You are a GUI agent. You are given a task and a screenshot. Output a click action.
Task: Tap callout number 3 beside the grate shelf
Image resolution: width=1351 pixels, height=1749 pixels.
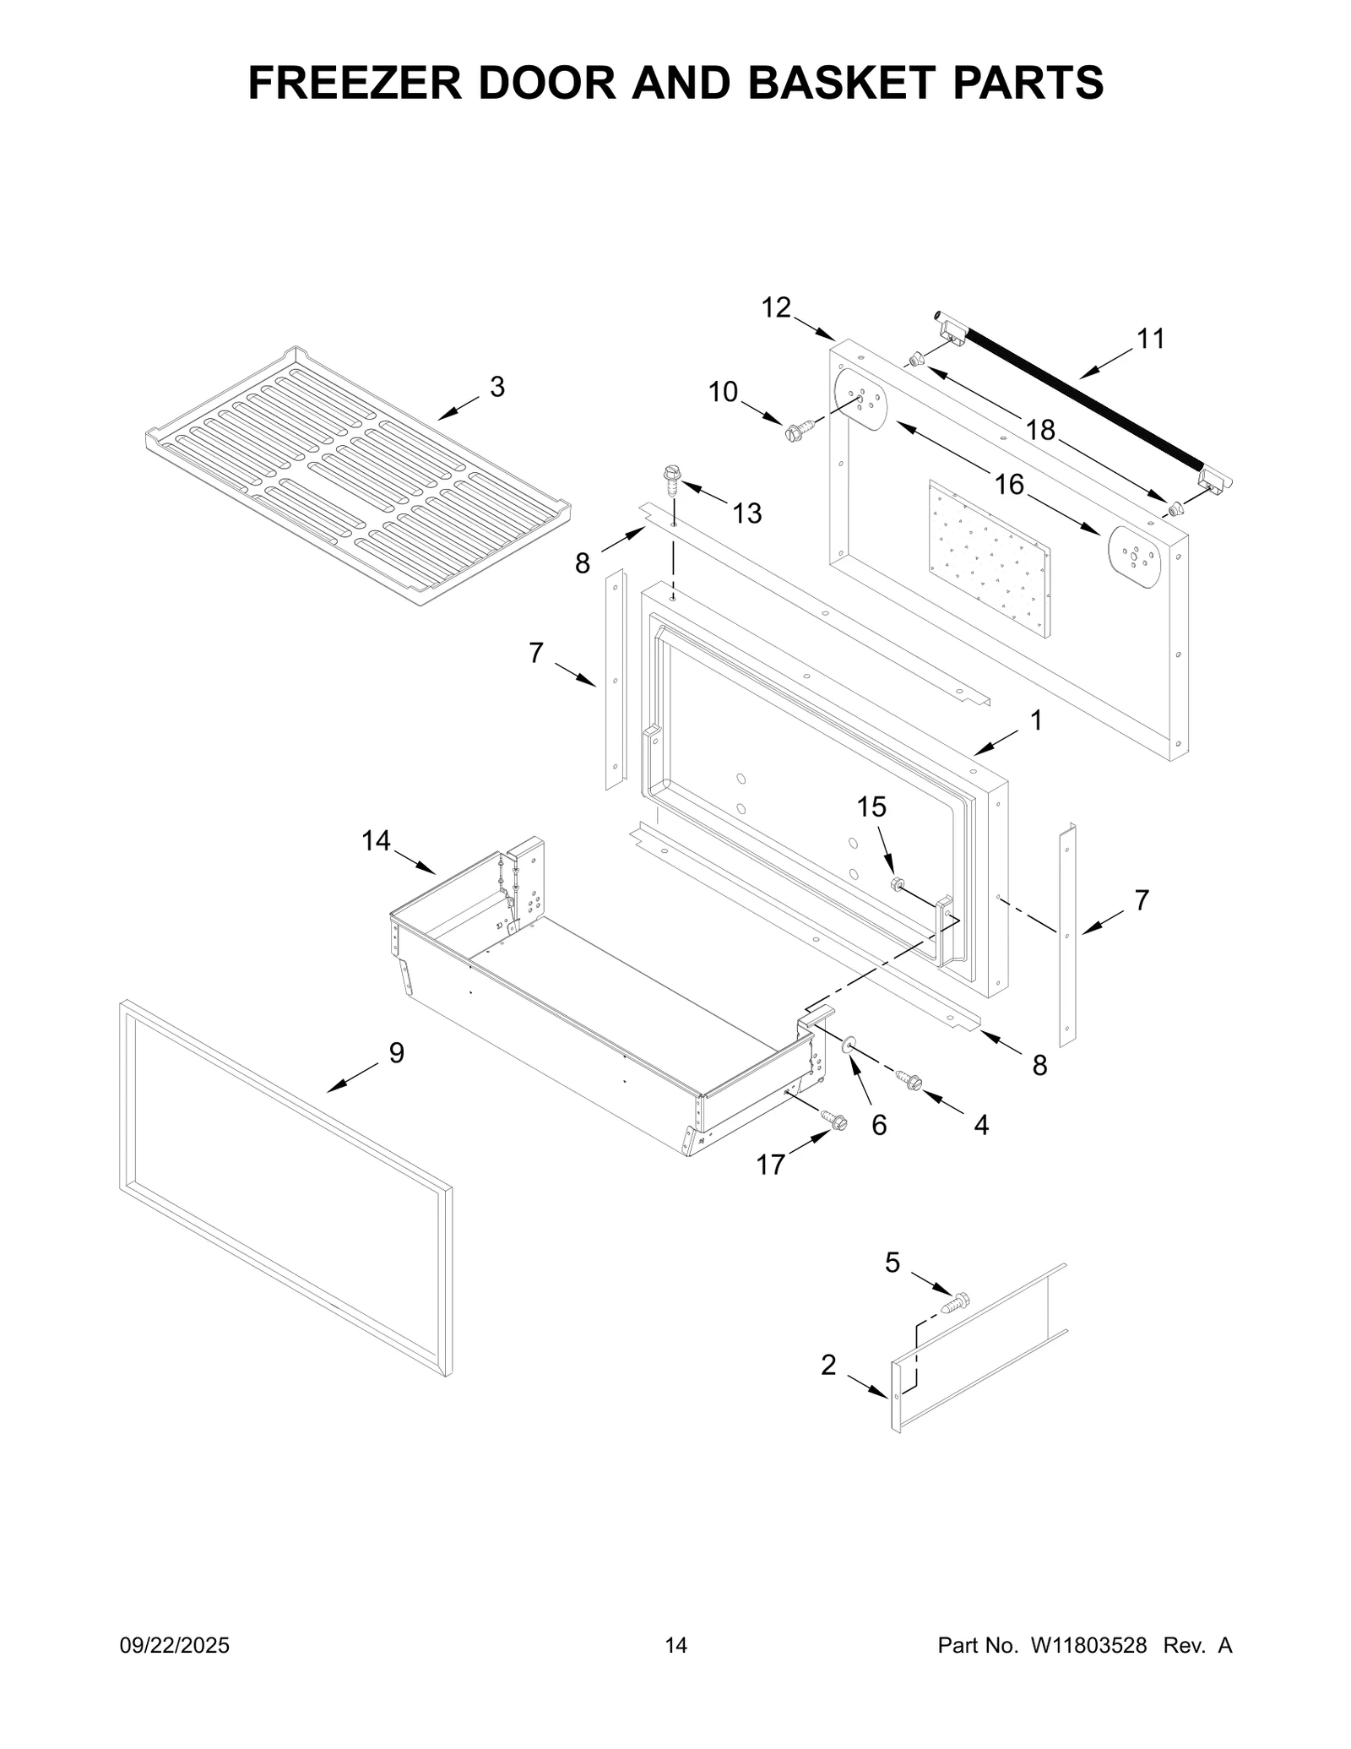[x=497, y=388]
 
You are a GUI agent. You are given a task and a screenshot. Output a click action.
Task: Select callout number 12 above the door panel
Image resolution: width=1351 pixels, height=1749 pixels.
[x=776, y=308]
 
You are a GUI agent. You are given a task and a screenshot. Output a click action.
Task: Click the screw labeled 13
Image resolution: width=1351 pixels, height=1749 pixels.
[x=673, y=479]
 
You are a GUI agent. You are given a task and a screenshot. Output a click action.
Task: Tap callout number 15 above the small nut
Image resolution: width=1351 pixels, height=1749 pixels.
[x=871, y=807]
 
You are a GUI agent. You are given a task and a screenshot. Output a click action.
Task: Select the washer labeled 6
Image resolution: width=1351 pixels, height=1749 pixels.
[x=849, y=1047]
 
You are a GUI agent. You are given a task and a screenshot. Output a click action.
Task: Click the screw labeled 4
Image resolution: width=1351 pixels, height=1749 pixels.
[x=910, y=1080]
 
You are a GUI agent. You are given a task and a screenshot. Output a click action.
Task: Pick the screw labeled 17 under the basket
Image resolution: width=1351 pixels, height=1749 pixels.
[x=834, y=1119]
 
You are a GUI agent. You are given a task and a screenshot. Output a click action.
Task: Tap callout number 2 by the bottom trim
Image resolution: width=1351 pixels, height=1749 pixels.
[x=828, y=1364]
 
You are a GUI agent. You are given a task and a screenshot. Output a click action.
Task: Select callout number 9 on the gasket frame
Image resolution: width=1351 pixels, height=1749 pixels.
[x=397, y=1052]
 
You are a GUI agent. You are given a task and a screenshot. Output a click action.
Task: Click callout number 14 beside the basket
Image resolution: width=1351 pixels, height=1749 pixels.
[x=376, y=840]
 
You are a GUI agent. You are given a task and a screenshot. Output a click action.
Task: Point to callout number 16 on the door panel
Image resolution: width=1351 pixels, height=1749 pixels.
[x=1009, y=485]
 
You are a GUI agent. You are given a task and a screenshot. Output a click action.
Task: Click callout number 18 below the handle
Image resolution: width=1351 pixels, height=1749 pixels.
[x=1040, y=431]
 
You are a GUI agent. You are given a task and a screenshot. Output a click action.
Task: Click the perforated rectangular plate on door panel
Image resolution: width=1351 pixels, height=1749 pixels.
[x=990, y=558]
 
